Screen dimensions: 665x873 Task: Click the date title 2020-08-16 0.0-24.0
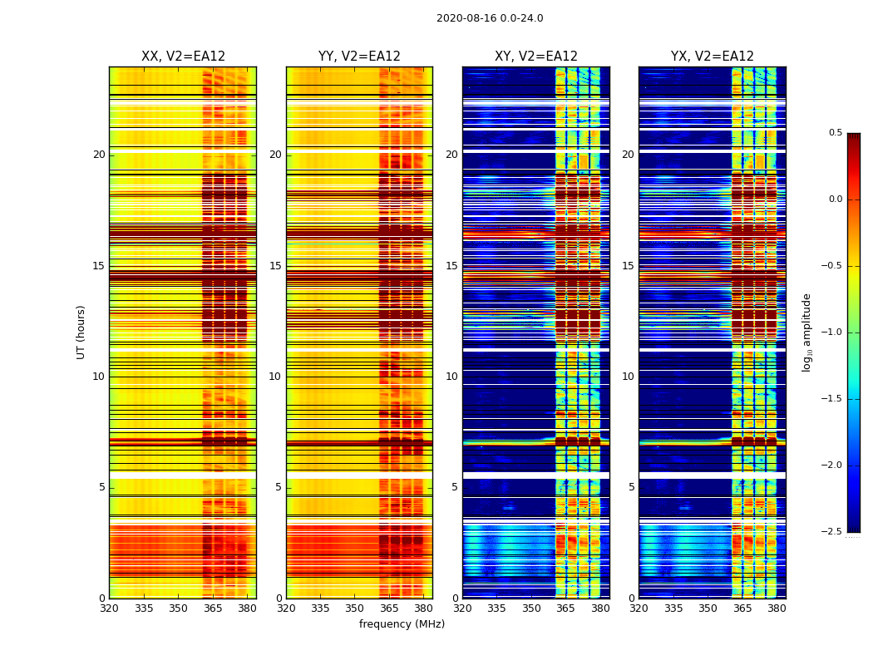click(490, 18)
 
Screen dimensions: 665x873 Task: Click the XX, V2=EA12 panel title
click(183, 57)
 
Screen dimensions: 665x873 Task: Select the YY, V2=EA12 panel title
click(359, 57)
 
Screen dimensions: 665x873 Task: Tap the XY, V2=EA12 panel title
click(536, 57)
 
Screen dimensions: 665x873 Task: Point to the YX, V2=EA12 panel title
click(713, 57)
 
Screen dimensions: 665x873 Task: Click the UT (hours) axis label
click(81, 332)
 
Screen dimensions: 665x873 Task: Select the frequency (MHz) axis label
click(402, 624)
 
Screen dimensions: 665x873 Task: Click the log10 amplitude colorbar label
click(806, 332)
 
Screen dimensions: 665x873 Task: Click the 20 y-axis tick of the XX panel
click(100, 155)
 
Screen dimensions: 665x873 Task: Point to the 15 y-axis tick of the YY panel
click(276, 266)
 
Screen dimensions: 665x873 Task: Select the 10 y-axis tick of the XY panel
click(452, 377)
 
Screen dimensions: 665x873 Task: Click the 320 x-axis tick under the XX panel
click(109, 608)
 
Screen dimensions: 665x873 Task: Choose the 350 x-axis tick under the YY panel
click(355, 608)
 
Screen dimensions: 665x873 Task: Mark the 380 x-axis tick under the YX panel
click(777, 608)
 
